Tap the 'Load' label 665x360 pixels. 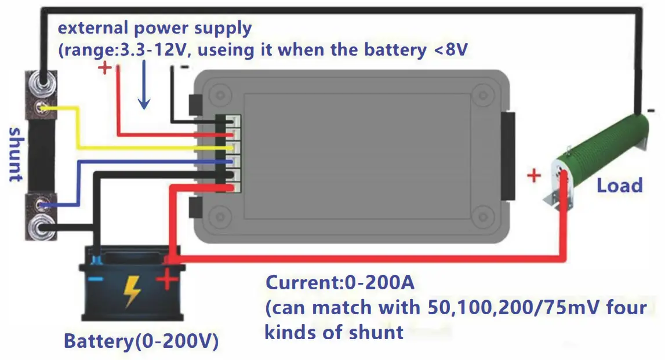620,186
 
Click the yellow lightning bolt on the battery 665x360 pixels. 132,290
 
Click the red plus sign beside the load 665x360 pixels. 534,175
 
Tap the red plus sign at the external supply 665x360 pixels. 105,68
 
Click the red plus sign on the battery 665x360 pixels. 167,282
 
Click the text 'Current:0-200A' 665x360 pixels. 341,283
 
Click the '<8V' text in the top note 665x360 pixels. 450,50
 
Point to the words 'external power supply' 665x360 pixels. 154,27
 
